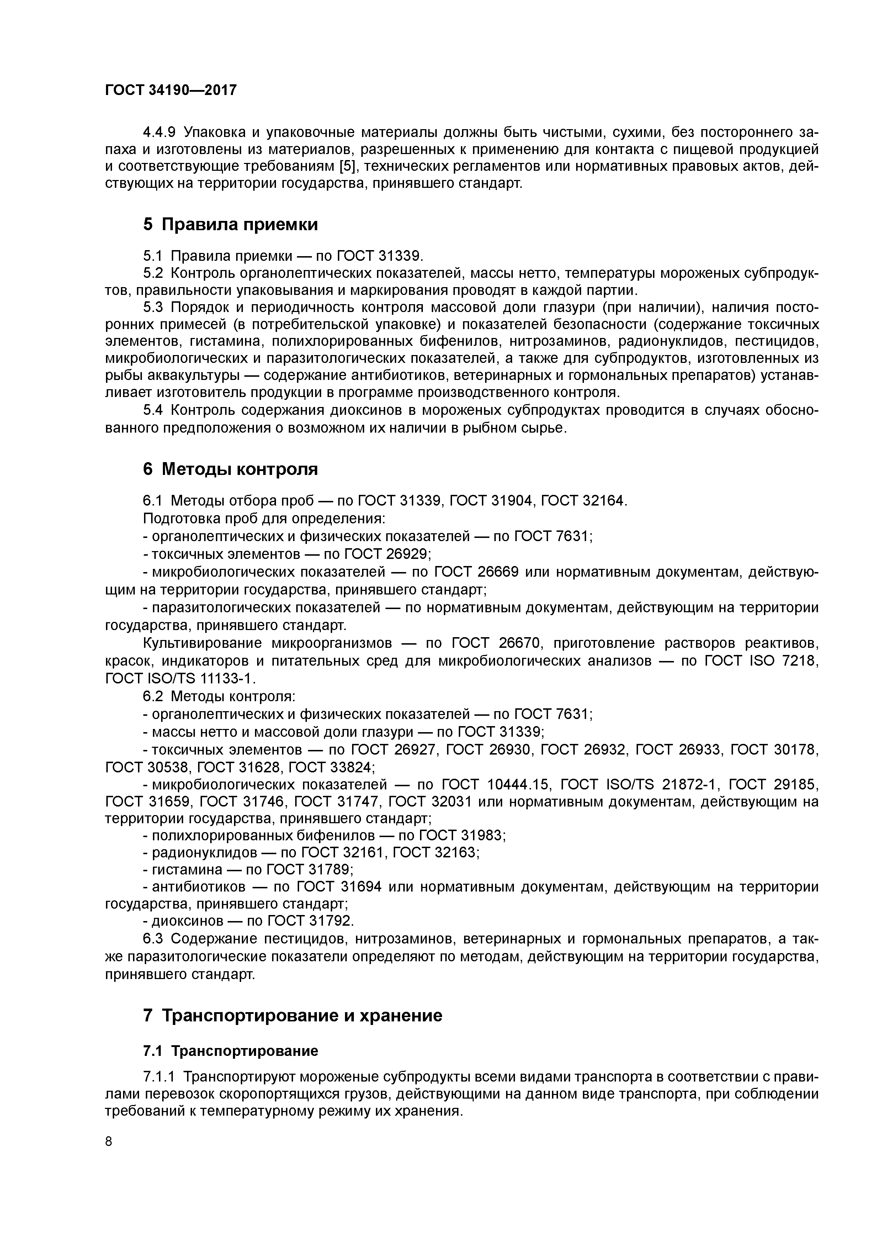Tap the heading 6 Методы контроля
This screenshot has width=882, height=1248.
pos(230,469)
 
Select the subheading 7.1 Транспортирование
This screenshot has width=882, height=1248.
pos(230,1051)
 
